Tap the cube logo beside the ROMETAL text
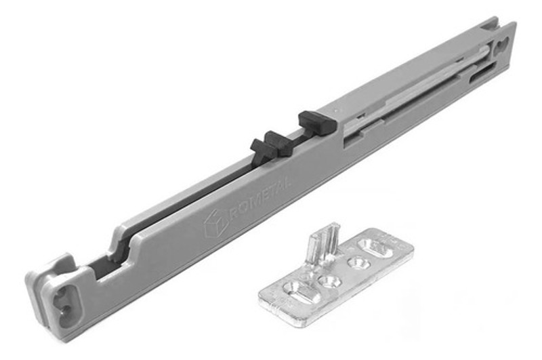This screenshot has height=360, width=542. coord(216,224)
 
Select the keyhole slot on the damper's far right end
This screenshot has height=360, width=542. coord(503,45)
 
